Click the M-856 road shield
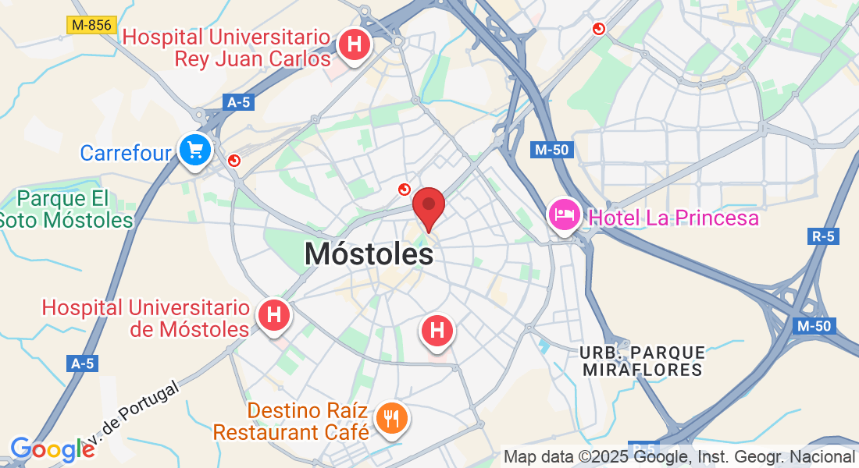pyautogui.click(x=91, y=25)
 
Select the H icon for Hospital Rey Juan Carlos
pyautogui.click(x=355, y=45)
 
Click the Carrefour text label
pyautogui.click(x=125, y=152)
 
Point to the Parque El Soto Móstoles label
pyautogui.click(x=66, y=209)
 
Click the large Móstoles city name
pyautogui.click(x=369, y=253)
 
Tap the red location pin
pyautogui.click(x=428, y=207)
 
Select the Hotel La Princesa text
pyautogui.click(x=673, y=218)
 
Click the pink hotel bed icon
pyautogui.click(x=563, y=214)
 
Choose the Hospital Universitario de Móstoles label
pyautogui.click(x=146, y=318)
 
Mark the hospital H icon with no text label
pyautogui.click(x=437, y=331)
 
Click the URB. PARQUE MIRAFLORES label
pyautogui.click(x=643, y=360)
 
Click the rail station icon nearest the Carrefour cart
pyautogui.click(x=234, y=161)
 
